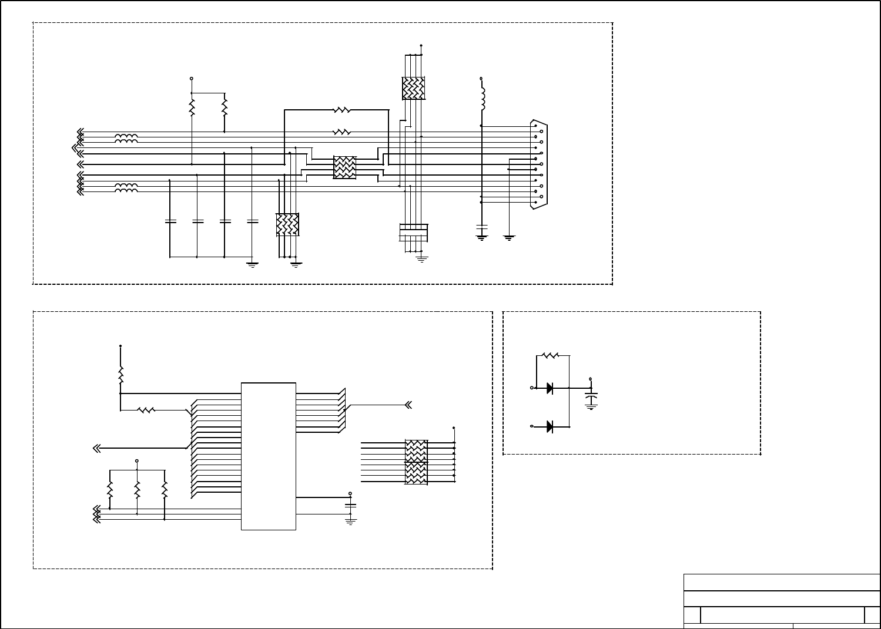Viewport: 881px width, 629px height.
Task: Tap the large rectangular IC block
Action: (x=269, y=456)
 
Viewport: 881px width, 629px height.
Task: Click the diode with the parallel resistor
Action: (x=550, y=388)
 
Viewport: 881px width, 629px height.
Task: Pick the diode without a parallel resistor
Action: (x=550, y=427)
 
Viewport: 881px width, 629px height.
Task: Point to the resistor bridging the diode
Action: (x=551, y=355)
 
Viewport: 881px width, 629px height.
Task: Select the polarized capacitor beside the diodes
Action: (x=591, y=399)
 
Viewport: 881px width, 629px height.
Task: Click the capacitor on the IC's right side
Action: (x=351, y=505)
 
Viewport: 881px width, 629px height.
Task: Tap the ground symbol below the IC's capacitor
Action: (x=351, y=520)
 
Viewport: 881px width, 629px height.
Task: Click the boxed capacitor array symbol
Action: (x=414, y=232)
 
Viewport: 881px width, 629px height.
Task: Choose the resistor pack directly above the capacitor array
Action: (x=413, y=88)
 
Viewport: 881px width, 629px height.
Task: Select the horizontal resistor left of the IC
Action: (x=146, y=411)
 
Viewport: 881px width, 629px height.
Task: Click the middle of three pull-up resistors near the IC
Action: (x=137, y=489)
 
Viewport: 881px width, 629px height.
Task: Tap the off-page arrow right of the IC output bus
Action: (x=407, y=405)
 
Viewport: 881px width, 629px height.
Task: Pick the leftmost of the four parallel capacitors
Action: (x=170, y=221)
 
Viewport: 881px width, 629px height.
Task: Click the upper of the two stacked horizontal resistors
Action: (x=341, y=110)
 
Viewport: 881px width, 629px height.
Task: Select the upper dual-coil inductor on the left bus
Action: (x=126, y=138)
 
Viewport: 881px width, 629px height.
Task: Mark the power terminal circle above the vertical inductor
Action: (x=481, y=78)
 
